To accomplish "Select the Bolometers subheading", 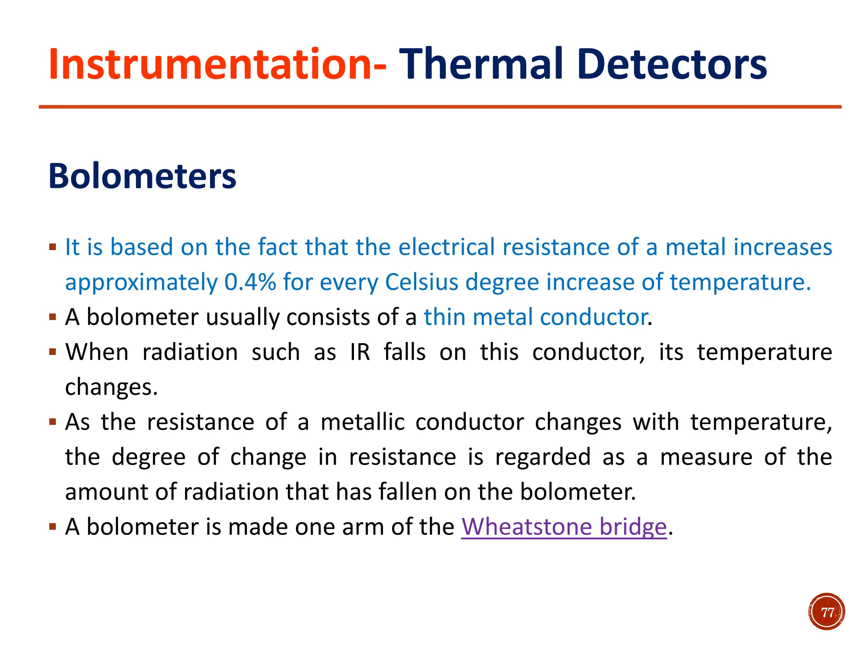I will (142, 176).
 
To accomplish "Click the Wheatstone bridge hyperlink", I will (564, 527).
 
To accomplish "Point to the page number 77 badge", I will (826, 612).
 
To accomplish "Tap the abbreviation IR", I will (360, 352).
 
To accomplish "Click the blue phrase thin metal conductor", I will (536, 317).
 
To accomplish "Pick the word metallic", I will (362, 422).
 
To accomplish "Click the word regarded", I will (543, 457).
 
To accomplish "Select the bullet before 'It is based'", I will (52, 247).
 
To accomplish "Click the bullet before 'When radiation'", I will (52, 352).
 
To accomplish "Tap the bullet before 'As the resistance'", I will (52, 422).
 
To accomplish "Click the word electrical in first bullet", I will (446, 247).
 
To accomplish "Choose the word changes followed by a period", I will (111, 387).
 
